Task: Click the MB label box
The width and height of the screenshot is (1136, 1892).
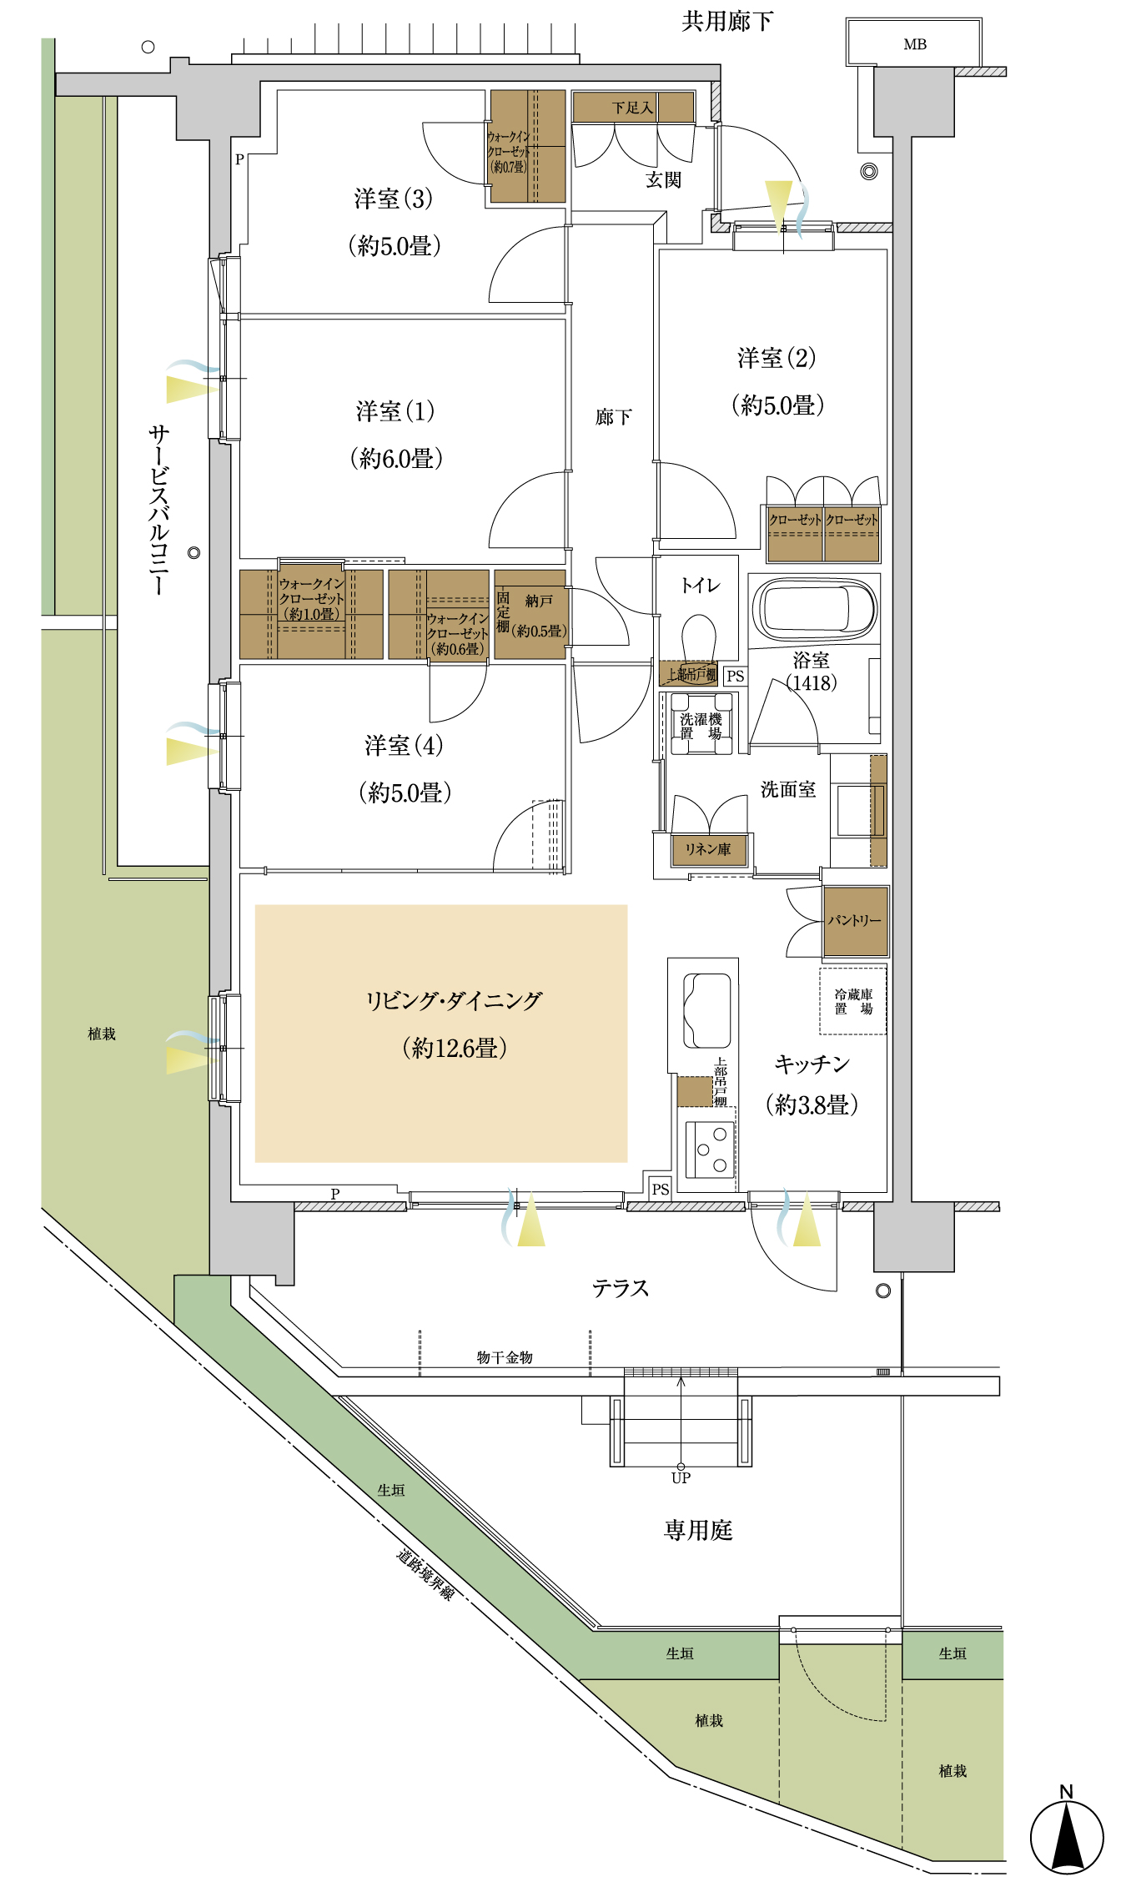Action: [x=914, y=42]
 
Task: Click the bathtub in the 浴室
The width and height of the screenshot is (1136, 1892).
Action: [x=814, y=608]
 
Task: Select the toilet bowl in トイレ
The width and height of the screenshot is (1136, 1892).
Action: [x=699, y=637]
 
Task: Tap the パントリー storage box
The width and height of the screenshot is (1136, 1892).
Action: [x=855, y=920]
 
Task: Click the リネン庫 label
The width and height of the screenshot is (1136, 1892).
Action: [x=708, y=849]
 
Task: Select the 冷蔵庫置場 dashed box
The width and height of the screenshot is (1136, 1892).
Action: [x=852, y=1001]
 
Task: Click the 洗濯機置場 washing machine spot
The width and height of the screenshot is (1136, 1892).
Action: [x=701, y=725]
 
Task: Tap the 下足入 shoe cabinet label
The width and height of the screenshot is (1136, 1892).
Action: [x=631, y=108]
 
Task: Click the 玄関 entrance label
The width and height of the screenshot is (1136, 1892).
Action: [x=664, y=179]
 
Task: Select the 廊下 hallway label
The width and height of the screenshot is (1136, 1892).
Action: [x=614, y=416]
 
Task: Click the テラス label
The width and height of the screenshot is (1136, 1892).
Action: [x=621, y=1288]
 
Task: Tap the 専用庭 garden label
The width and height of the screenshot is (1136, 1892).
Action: [x=698, y=1529]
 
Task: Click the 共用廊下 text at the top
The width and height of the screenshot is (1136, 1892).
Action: [x=727, y=21]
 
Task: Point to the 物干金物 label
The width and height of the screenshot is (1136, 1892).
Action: [x=505, y=1357]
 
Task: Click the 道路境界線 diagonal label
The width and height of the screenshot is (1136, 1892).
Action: [x=425, y=1574]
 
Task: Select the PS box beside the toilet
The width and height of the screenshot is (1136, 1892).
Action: [x=735, y=676]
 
